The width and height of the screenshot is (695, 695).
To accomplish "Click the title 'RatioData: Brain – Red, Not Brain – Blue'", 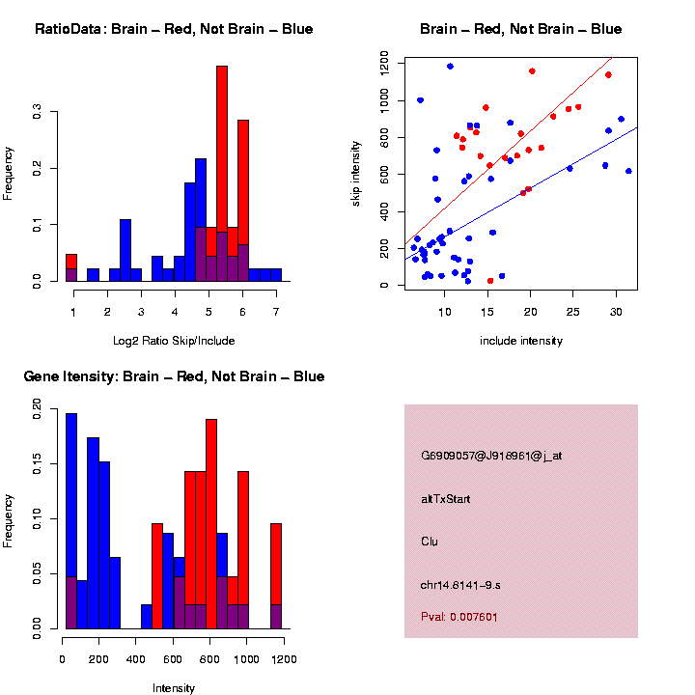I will click(x=174, y=29).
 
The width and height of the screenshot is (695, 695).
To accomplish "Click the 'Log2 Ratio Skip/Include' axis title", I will click(x=174, y=341).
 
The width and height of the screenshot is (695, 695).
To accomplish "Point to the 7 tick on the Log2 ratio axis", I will click(x=276, y=311).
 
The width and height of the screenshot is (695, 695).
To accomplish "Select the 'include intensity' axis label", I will click(x=521, y=341).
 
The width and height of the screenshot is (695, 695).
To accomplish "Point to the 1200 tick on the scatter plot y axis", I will click(x=384, y=63).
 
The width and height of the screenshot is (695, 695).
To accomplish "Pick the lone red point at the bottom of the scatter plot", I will click(x=490, y=281).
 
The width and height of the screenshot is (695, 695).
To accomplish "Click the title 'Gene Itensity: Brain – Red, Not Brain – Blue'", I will click(x=174, y=376).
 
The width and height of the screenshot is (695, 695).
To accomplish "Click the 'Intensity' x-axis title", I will click(x=174, y=688).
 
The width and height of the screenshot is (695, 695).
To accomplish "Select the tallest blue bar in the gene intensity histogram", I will click(x=70, y=521).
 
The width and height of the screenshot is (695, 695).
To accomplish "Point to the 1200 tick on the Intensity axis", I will click(x=284, y=659).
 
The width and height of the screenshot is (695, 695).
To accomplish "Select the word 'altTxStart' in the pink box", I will click(x=445, y=499).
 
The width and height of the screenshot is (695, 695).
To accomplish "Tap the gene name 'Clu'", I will click(x=430, y=542).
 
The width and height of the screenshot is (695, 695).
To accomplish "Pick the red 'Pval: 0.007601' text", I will click(x=459, y=616).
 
